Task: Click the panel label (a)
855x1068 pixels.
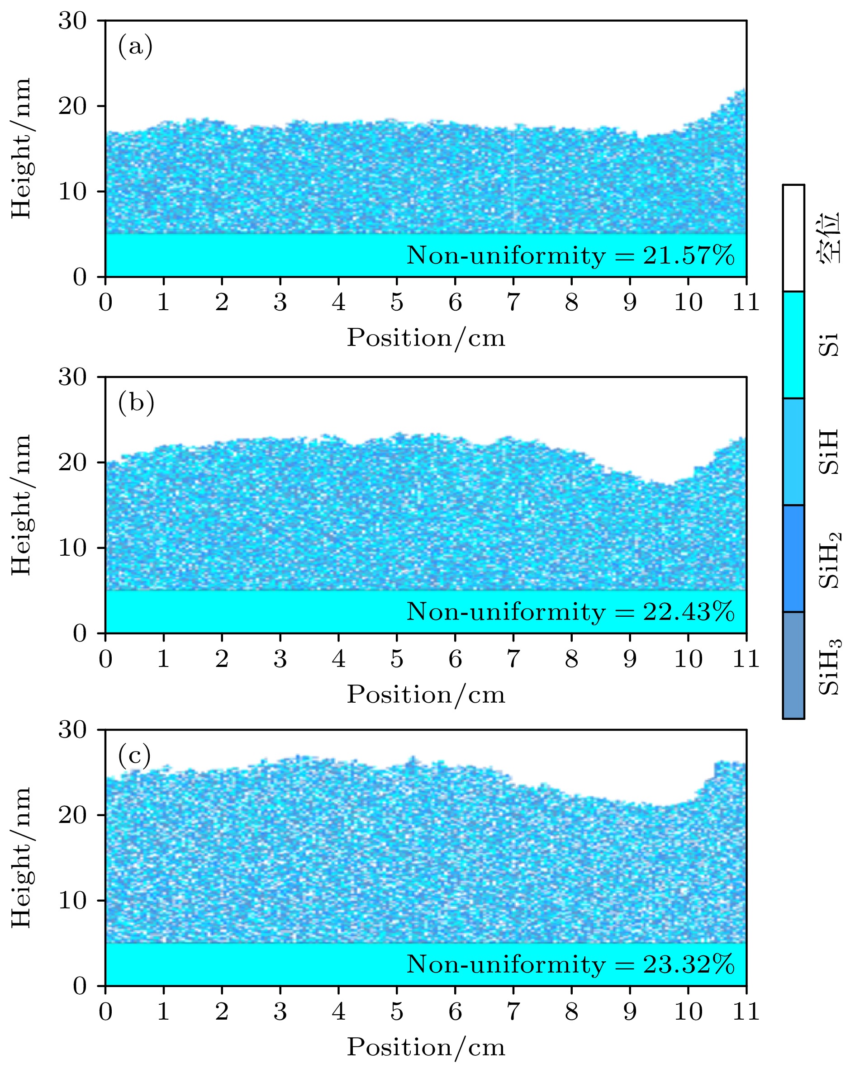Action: click(135, 47)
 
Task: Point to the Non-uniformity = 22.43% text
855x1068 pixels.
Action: click(570, 612)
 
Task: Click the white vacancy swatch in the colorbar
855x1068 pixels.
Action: click(793, 238)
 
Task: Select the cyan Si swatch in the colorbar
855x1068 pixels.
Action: click(793, 345)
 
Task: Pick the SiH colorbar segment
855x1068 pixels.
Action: click(793, 452)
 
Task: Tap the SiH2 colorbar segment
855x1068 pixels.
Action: click(793, 558)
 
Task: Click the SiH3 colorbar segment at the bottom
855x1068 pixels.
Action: click(793, 665)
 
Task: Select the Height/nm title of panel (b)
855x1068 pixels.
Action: click(21, 505)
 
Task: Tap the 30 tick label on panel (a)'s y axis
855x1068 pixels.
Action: click(72, 21)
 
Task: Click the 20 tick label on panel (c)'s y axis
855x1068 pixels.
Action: click(72, 815)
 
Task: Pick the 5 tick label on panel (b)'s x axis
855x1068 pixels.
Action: click(397, 659)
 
